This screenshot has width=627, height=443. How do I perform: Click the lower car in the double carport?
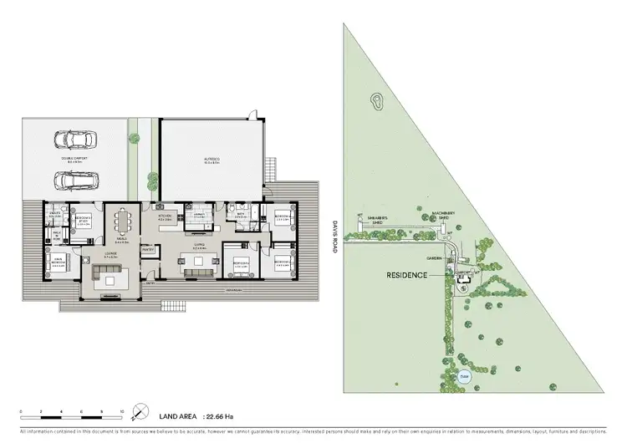coord(74,179)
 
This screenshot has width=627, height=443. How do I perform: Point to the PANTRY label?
coord(148,248)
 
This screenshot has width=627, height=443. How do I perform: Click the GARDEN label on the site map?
coord(434,258)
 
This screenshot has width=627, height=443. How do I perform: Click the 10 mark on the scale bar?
coord(121,412)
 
